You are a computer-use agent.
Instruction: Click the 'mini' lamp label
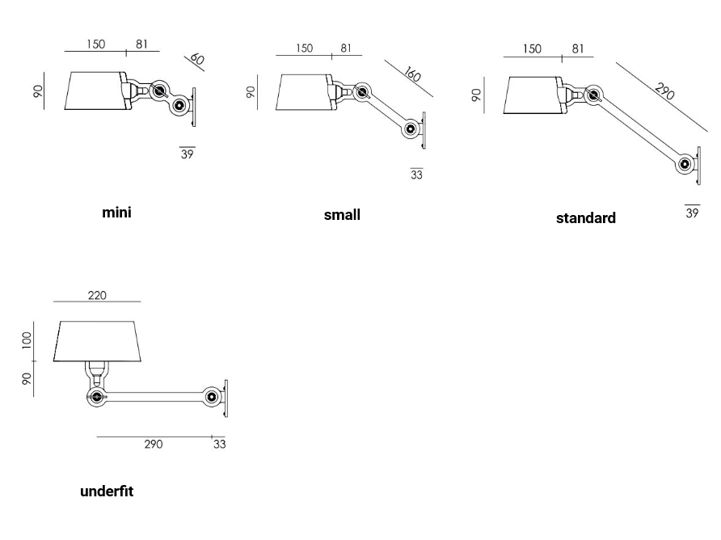tap(116, 213)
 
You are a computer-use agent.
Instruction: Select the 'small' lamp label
tap(342, 214)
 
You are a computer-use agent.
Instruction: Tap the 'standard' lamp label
tap(585, 217)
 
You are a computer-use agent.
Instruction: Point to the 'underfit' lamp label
tap(107, 491)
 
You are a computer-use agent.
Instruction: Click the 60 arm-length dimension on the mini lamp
tap(196, 59)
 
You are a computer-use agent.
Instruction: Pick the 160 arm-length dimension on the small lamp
tap(411, 75)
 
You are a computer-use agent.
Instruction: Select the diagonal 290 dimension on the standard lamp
tap(664, 91)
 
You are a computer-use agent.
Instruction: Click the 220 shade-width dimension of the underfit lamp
tap(97, 295)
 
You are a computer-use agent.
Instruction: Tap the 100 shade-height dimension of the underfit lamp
tap(27, 339)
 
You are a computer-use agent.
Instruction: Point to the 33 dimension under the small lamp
tap(416, 174)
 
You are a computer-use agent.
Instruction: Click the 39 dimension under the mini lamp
tap(187, 153)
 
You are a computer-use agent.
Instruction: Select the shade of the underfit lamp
tap(98, 340)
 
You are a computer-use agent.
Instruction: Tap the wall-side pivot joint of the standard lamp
tap(685, 164)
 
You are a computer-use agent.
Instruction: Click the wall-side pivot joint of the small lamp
tap(412, 129)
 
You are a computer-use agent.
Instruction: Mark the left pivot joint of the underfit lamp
tap(97, 397)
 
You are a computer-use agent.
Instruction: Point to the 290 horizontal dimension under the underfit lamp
tap(153, 444)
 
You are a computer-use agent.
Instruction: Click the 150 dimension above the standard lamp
tap(532, 49)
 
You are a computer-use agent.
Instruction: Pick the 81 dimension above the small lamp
tap(346, 48)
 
